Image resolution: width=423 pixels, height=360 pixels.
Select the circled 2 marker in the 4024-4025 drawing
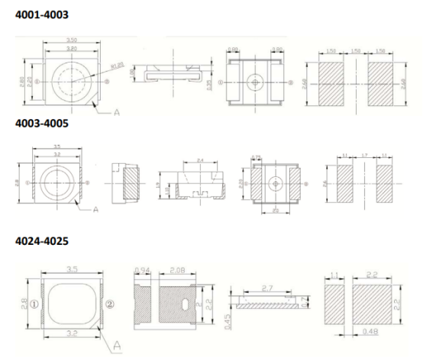tap(111, 304)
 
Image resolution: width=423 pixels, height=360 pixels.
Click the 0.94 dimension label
tap(141, 270)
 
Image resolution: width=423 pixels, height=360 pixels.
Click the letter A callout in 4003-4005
tap(95, 207)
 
